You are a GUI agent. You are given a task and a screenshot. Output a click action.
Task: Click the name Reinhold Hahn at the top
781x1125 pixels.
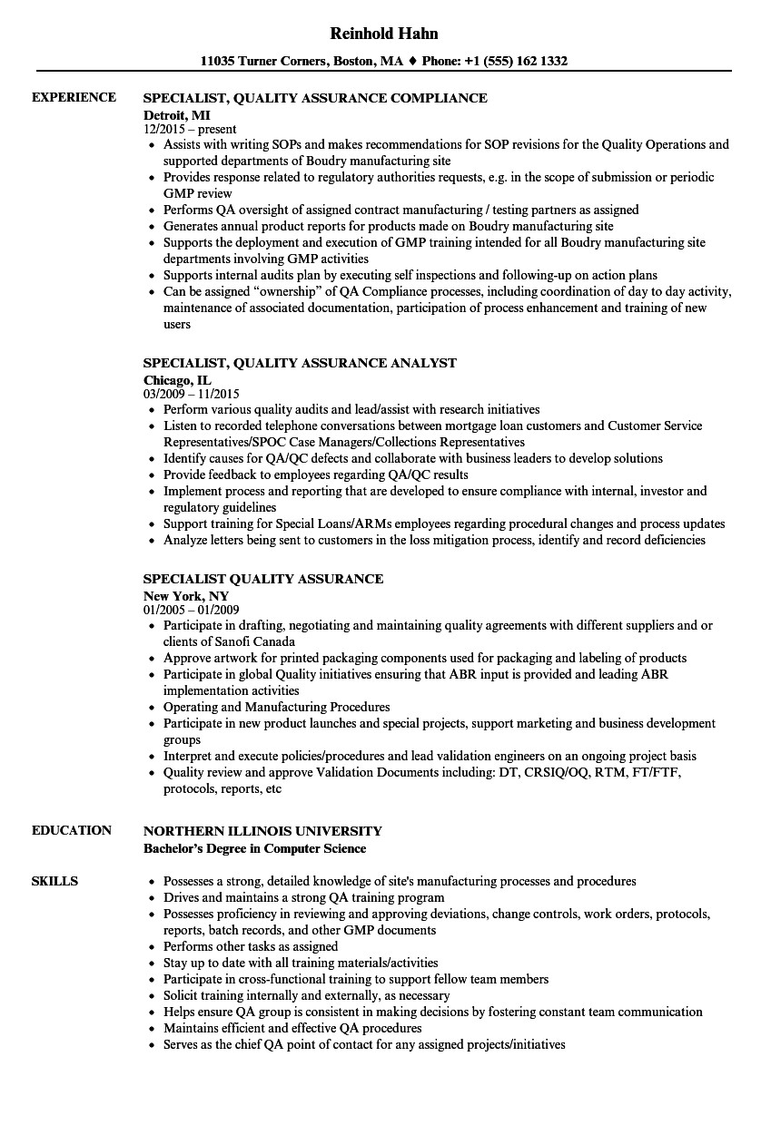tap(384, 34)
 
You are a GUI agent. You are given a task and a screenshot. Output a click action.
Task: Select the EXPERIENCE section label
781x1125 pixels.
tap(74, 97)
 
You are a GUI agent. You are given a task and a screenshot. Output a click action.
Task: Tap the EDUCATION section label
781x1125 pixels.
tap(72, 830)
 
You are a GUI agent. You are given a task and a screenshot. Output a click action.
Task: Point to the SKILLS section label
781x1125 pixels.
tap(54, 881)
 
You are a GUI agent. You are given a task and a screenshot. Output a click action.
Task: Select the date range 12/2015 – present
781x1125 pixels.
tap(190, 130)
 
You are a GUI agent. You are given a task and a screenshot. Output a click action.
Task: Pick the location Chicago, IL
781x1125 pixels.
tap(177, 379)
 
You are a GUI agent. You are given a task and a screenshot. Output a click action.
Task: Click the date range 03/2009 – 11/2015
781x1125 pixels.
tap(192, 395)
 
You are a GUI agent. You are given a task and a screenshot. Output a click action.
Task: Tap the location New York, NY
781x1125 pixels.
tap(186, 595)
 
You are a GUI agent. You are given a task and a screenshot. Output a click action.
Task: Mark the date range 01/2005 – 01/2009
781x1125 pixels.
tap(192, 610)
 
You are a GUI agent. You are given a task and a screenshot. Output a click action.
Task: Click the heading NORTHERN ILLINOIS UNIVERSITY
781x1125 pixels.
tap(263, 831)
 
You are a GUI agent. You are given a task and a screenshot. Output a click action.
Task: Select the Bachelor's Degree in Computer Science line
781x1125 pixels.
tap(255, 848)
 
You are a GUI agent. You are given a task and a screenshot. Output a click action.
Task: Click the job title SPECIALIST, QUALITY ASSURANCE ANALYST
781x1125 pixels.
tap(301, 363)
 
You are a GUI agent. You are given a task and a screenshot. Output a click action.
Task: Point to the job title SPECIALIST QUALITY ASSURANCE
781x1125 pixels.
tap(263, 579)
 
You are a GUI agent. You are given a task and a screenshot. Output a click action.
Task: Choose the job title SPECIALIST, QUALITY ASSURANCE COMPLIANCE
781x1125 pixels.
tap(316, 98)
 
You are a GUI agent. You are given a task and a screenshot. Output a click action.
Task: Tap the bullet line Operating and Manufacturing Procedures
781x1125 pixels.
tap(276, 707)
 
